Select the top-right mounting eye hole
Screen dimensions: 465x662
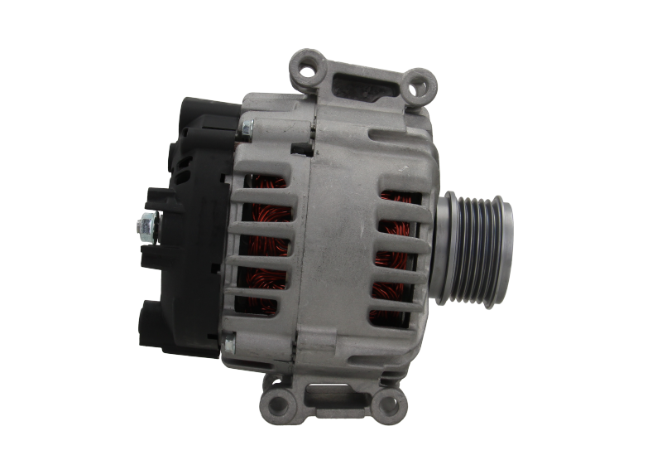[x=425, y=81]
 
